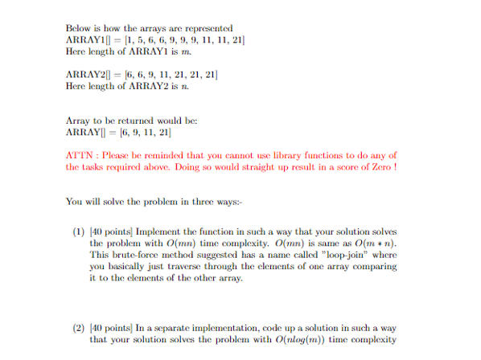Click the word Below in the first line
[x=79, y=28]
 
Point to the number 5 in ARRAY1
[x=138, y=39]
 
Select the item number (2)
[x=78, y=327]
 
